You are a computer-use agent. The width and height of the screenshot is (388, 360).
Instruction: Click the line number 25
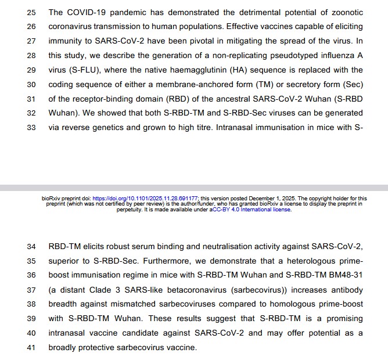pos(31,12)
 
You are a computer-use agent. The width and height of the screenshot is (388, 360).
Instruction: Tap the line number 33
pos(31,127)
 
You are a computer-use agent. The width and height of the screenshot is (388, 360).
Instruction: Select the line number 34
pos(31,247)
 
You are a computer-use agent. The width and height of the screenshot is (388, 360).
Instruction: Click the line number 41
pos(31,347)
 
